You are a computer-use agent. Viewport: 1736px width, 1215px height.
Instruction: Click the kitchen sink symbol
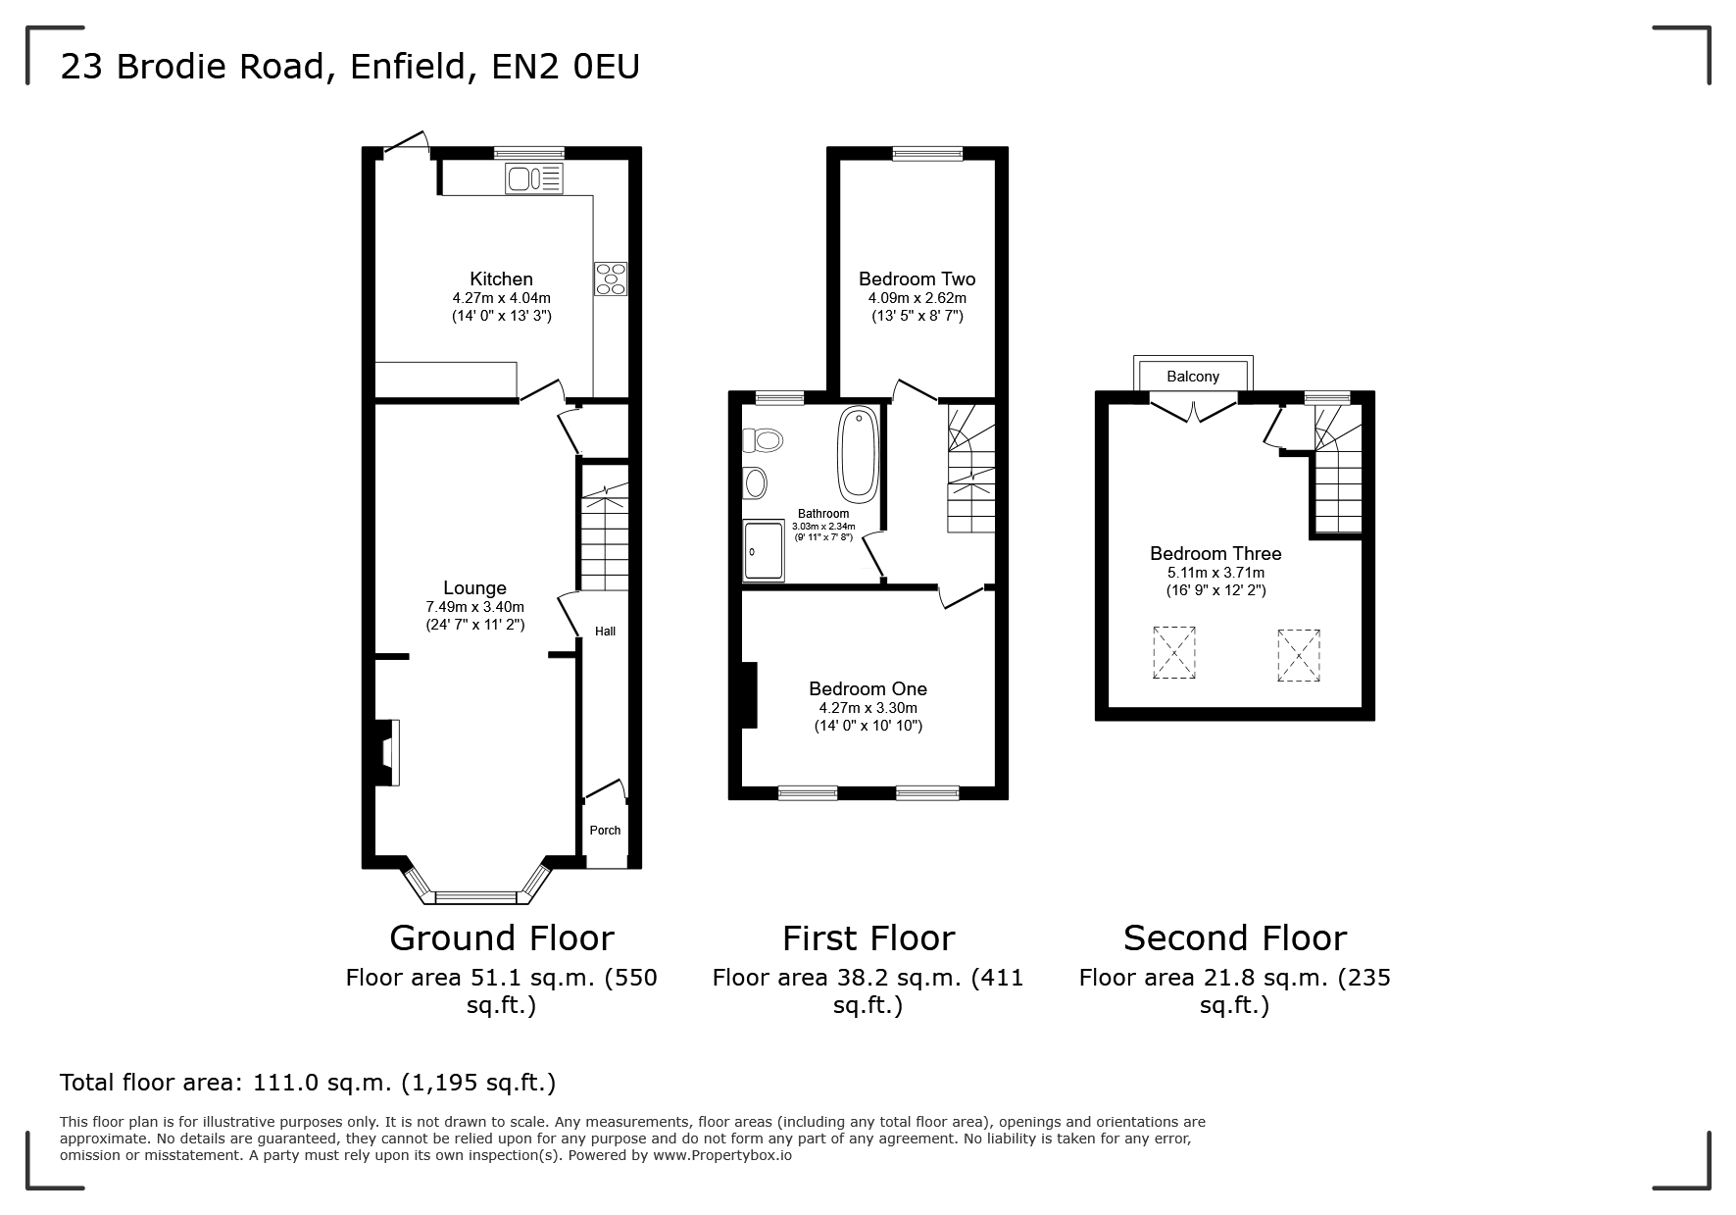534,179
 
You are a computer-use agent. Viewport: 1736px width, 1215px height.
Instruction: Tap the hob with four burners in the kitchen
610,278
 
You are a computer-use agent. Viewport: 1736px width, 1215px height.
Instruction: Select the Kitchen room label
501,279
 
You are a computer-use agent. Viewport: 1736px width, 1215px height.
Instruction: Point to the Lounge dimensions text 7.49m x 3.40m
474,607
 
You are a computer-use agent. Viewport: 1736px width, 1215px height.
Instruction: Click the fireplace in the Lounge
387,752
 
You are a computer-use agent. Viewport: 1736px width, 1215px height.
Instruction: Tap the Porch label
605,831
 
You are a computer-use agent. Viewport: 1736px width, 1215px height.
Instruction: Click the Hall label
606,632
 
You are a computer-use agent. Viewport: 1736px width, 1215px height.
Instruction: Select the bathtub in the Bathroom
858,453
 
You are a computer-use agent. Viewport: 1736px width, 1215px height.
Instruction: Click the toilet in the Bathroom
764,440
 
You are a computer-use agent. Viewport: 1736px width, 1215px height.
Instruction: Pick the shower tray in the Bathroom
765,550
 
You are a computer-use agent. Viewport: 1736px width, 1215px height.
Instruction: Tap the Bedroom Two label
917,279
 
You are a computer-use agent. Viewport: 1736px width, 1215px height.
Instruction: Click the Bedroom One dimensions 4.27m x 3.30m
868,708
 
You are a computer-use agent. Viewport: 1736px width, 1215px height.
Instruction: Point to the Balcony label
1193,377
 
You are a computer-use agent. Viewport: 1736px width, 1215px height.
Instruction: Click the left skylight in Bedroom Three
1173,652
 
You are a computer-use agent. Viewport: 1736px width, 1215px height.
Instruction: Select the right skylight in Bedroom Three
1299,654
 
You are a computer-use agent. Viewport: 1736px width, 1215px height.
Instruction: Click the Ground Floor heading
501,938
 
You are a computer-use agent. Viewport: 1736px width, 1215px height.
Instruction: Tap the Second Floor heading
1235,938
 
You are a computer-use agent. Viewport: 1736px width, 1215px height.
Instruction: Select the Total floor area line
308,1083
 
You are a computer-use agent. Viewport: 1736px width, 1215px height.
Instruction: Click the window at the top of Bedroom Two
927,153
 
